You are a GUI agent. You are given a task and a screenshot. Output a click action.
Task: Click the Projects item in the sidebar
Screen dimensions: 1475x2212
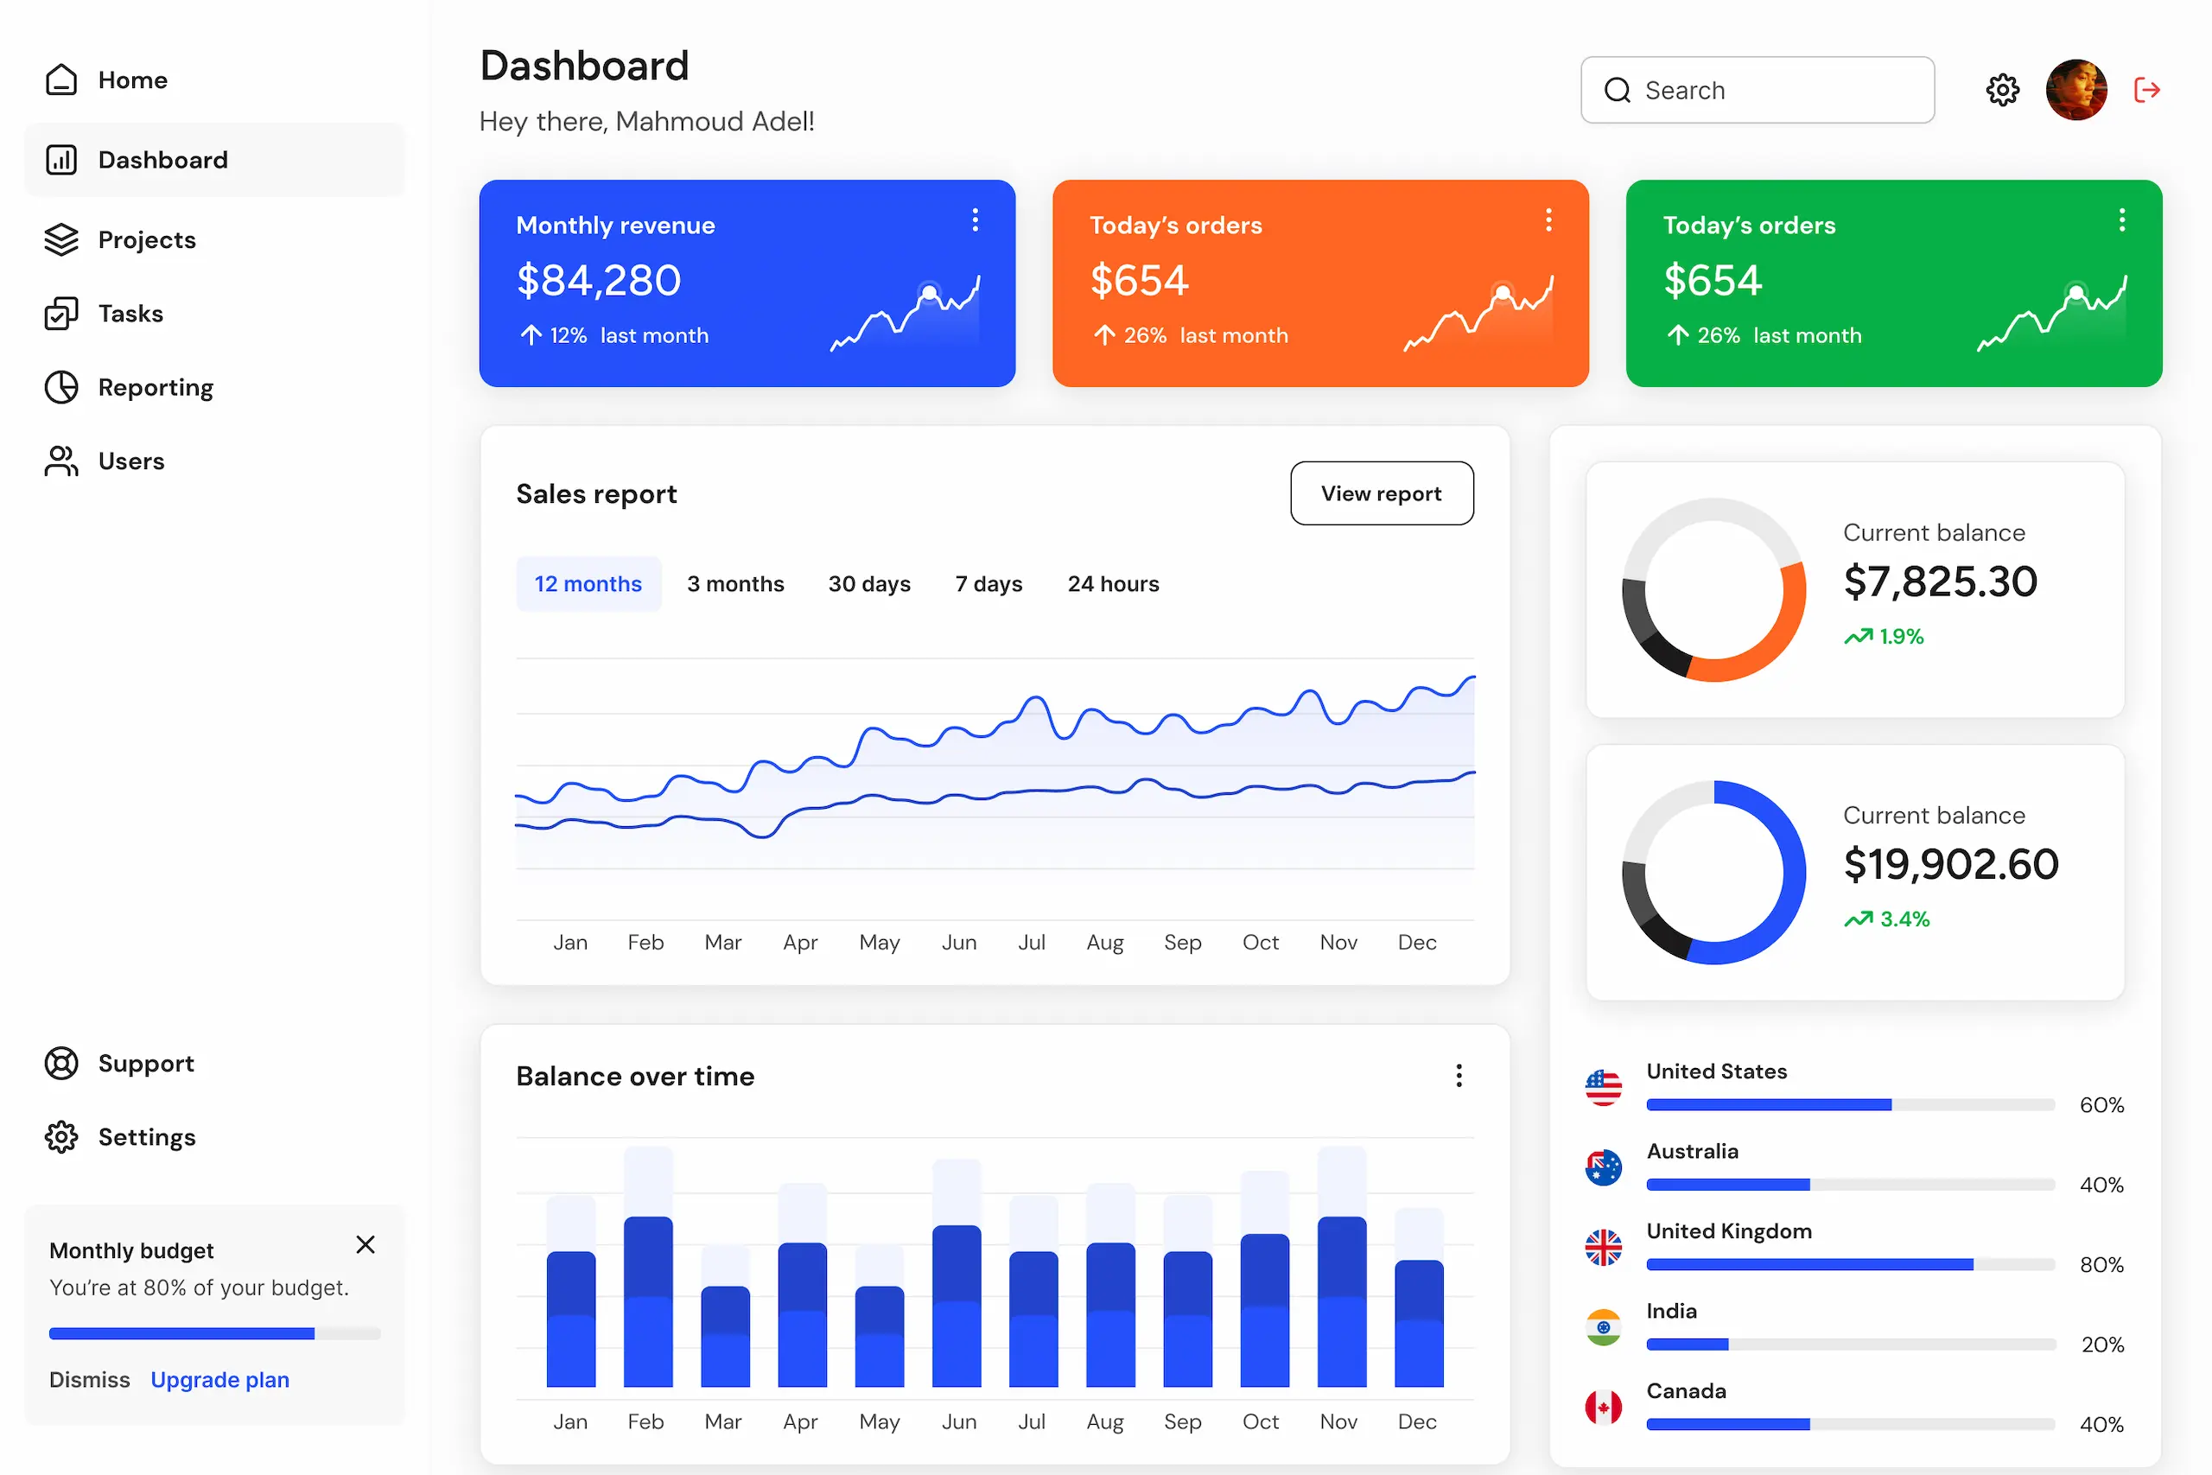coord(146,240)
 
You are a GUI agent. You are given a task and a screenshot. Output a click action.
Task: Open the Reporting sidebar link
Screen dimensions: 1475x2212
coord(156,388)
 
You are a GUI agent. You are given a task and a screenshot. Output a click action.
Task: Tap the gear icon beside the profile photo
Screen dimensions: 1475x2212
coord(2002,91)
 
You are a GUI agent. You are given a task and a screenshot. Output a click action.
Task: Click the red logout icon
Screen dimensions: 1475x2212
coord(2147,91)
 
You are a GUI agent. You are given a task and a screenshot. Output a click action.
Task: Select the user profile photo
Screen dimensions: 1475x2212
coord(2075,91)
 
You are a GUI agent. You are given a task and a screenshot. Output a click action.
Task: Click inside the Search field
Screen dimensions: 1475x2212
coord(1768,91)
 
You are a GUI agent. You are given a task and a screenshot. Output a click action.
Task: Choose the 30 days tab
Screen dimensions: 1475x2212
coord(869,584)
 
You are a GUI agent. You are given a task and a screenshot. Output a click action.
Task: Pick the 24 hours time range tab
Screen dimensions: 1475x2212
coord(1113,584)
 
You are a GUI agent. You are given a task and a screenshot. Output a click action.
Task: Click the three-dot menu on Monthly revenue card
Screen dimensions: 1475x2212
coord(976,220)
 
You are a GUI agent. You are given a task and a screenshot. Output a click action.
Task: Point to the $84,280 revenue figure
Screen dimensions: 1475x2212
coord(599,280)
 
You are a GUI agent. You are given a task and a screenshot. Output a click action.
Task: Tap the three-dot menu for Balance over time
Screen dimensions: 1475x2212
coord(1459,1076)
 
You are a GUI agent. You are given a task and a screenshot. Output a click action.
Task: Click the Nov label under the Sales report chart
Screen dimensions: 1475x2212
coord(1338,943)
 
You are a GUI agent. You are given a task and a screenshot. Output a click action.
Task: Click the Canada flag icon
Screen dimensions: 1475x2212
coord(1604,1408)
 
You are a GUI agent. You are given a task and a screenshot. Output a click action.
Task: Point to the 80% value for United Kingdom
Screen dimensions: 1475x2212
coord(2101,1265)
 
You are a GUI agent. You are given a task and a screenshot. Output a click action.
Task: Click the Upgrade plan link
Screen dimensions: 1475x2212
coord(220,1380)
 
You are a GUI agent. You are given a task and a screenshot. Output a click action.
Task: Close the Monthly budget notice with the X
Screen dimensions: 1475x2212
coord(365,1245)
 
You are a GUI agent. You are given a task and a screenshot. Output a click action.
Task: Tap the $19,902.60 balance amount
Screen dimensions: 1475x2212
coord(1950,864)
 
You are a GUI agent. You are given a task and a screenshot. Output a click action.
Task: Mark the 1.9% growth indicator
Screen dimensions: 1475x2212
coord(1885,637)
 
